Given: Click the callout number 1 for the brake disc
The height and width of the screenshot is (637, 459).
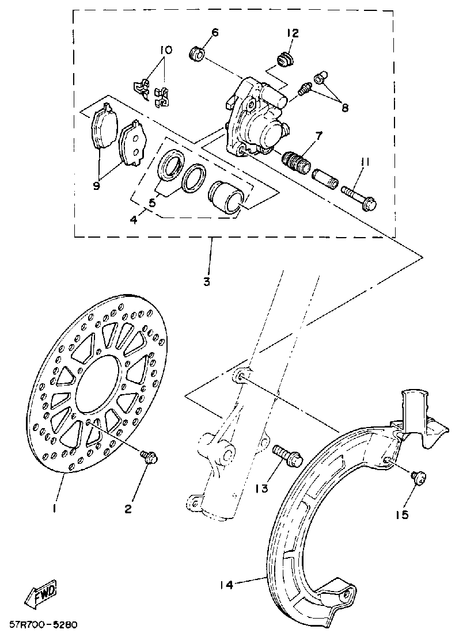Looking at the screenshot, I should (x=54, y=509).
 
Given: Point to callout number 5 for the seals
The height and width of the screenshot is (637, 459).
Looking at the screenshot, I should (x=152, y=203).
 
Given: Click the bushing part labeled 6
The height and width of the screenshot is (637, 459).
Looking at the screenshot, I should (x=198, y=55).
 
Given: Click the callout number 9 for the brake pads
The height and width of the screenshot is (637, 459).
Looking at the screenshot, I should (x=96, y=185).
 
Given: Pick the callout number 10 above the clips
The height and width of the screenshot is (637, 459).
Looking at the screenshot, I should (x=166, y=51).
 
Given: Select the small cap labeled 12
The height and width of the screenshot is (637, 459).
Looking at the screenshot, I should (x=283, y=58).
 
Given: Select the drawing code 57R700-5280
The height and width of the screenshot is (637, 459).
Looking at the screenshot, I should (x=43, y=625).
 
